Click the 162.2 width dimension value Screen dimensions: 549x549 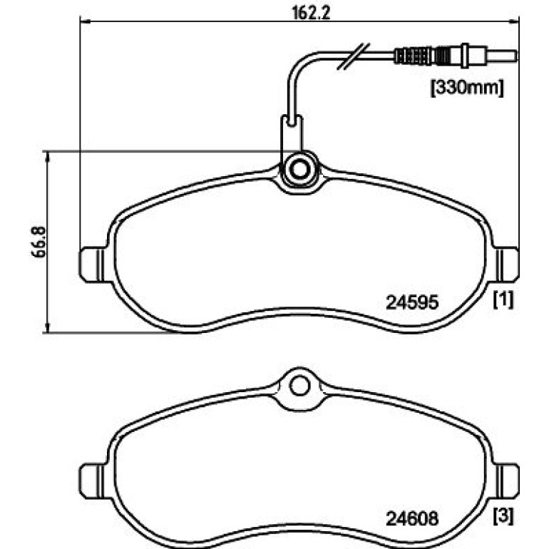pos(311,13)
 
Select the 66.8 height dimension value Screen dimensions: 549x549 pos(39,242)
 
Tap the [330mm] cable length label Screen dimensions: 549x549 pos(467,88)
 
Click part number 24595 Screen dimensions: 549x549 pos(412,302)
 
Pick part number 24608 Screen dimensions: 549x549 pos(412,518)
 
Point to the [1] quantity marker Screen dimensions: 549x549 pos(503,299)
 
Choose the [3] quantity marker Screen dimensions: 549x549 pos(503,516)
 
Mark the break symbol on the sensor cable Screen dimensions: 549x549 pos(353,56)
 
